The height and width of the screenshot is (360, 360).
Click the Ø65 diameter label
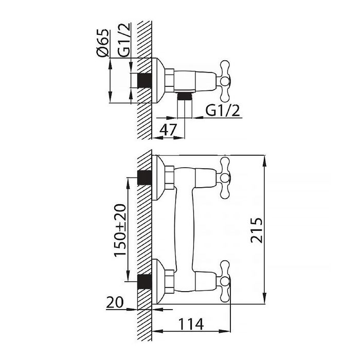102,43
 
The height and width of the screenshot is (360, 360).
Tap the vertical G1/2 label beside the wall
124,40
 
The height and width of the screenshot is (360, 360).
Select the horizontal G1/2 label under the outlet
223,111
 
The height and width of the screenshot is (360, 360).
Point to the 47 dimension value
168,130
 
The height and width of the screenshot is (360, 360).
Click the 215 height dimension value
256,230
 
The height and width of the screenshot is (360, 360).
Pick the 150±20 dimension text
120,230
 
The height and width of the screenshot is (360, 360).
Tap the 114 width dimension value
191,324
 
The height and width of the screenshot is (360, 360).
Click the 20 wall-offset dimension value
115,302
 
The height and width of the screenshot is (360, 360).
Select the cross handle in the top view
225,81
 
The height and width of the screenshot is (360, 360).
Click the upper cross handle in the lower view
225,178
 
